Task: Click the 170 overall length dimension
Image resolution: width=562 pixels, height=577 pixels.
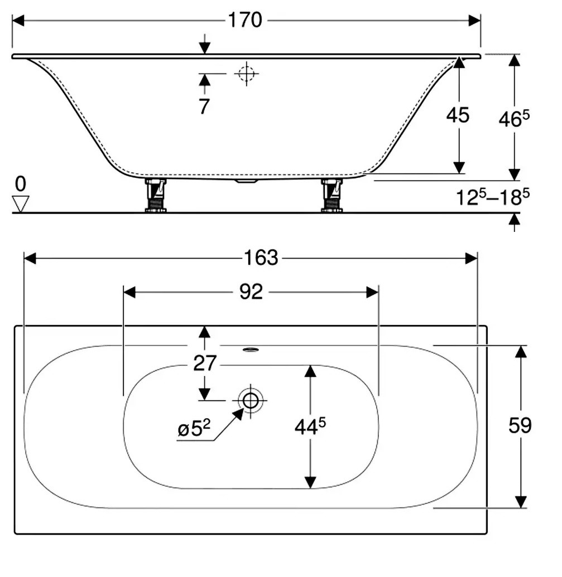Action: click(245, 20)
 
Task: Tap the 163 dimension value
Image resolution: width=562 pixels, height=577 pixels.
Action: click(261, 258)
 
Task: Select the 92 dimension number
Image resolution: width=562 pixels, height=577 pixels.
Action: click(251, 292)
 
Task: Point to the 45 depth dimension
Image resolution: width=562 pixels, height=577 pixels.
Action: click(458, 115)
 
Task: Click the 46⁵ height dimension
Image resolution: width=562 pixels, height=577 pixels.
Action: click(514, 119)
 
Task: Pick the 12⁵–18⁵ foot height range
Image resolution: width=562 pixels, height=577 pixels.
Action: click(493, 197)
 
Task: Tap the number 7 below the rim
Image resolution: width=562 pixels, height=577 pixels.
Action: click(204, 106)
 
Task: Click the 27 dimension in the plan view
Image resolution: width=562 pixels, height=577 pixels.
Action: click(205, 363)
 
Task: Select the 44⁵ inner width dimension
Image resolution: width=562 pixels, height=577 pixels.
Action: click(310, 426)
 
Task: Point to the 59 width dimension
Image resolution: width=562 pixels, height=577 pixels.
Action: click(520, 426)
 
